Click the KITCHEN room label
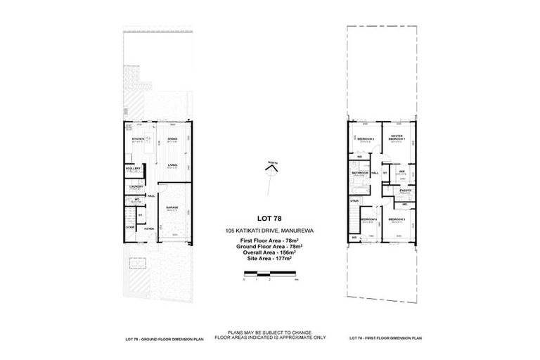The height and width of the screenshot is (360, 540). coord(138,139)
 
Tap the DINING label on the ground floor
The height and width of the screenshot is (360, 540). coord(172,139)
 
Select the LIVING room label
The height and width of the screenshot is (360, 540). coord(172,165)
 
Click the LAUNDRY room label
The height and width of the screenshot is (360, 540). coord(136,186)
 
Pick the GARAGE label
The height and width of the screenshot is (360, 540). coord(172,207)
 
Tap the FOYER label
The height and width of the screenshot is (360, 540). coord(149,229)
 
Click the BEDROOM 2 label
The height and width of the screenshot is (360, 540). coord(365,139)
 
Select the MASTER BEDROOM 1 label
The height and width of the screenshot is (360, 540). coord(398,138)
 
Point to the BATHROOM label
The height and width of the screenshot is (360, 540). coord(361,172)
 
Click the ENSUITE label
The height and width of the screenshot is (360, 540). coord(405,190)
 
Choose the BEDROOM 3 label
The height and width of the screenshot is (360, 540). coord(399,219)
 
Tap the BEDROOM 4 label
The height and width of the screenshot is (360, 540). coord(368,219)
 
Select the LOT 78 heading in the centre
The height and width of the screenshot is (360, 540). coord(269,219)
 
